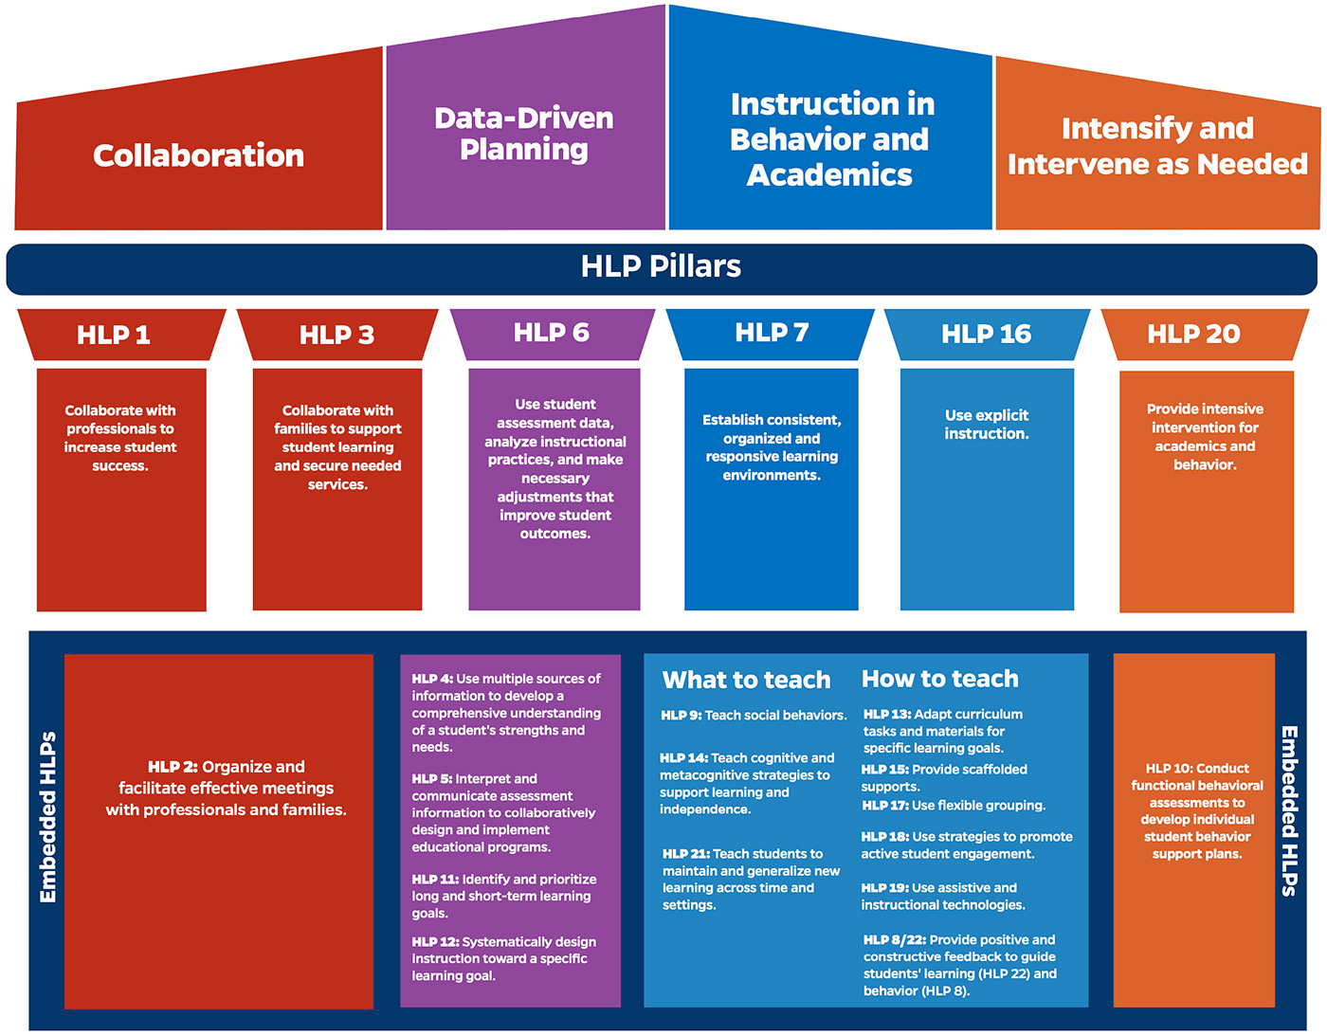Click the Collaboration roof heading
tap(198, 155)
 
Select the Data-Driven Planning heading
tap(524, 134)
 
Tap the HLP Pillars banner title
tap(661, 266)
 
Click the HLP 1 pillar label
tap(114, 335)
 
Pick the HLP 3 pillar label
tap(336, 335)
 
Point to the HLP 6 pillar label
tap(551, 333)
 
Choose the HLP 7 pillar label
tap(772, 333)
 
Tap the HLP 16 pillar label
tap(986, 334)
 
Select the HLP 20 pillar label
tap(1193, 334)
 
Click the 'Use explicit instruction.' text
tap(987, 425)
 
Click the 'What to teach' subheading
tap(746, 680)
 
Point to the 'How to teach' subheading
tap(939, 679)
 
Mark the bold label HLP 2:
tap(173, 767)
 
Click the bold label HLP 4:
tap(432, 679)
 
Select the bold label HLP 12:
tap(435, 941)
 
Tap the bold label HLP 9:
tap(681, 716)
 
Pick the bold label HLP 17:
tap(884, 806)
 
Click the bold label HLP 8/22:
tap(894, 939)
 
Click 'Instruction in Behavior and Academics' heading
tap(830, 139)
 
